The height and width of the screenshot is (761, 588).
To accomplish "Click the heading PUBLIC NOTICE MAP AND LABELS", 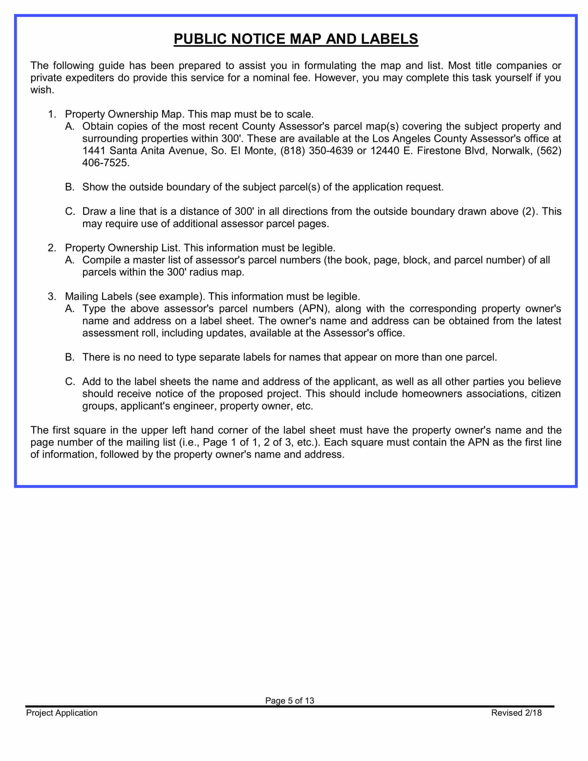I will pos(296,39).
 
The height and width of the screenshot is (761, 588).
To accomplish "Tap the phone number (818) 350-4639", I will pos(316,150).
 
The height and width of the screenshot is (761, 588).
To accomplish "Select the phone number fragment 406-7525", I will pos(105,163).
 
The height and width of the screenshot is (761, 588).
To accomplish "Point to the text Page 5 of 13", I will pos(290,700).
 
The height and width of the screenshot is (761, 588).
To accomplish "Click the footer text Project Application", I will pos(62,713).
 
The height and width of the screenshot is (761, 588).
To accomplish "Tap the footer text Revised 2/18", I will pos(516,713).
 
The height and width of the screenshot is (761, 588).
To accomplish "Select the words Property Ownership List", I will pos(122,248).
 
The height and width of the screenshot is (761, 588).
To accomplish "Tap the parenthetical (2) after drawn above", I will pos(530,211).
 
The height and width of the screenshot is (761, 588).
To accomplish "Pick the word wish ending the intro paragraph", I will pos(41,90).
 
